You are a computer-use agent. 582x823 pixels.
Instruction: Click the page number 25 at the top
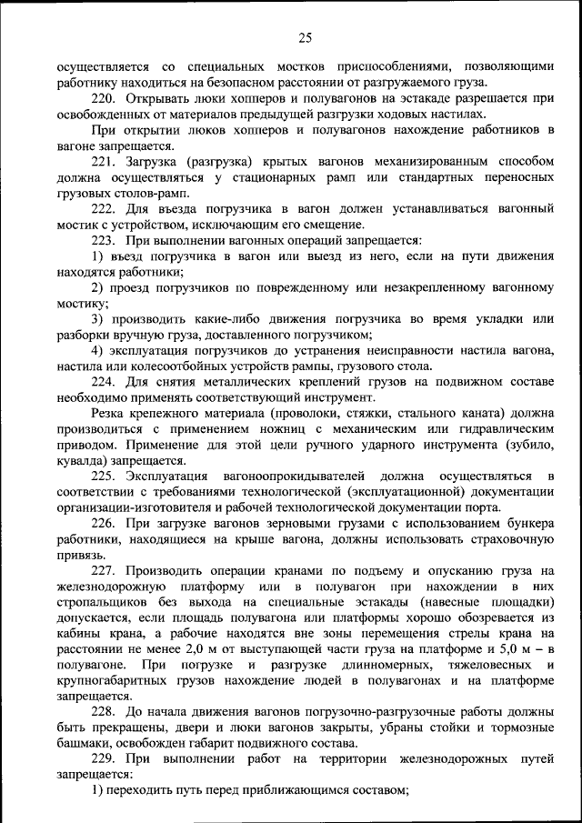tap(304, 37)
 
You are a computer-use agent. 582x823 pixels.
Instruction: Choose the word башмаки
tap(84, 744)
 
